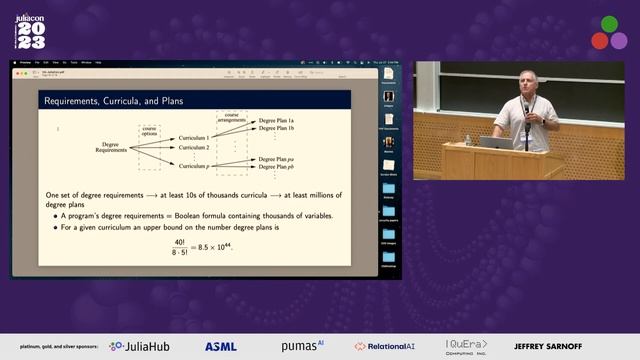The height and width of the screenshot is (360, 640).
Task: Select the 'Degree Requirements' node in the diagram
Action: [111, 147]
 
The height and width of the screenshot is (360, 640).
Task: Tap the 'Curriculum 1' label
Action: [194, 137]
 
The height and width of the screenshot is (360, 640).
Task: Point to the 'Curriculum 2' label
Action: [194, 147]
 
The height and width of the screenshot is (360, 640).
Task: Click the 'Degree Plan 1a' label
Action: [277, 122]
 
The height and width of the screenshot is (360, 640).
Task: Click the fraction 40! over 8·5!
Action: [179, 247]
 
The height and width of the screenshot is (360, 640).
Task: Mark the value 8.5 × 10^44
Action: [216, 247]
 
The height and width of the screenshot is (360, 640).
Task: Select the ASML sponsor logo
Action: [221, 346]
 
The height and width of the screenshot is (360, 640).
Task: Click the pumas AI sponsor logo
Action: [303, 346]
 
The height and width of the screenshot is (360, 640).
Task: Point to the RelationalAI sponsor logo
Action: [387, 346]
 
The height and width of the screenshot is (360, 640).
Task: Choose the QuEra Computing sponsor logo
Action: [467, 346]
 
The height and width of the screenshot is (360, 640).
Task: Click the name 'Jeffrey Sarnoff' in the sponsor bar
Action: [546, 346]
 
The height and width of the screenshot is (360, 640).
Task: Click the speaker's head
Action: [527, 81]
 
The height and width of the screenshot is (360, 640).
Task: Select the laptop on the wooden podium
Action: [495, 142]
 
